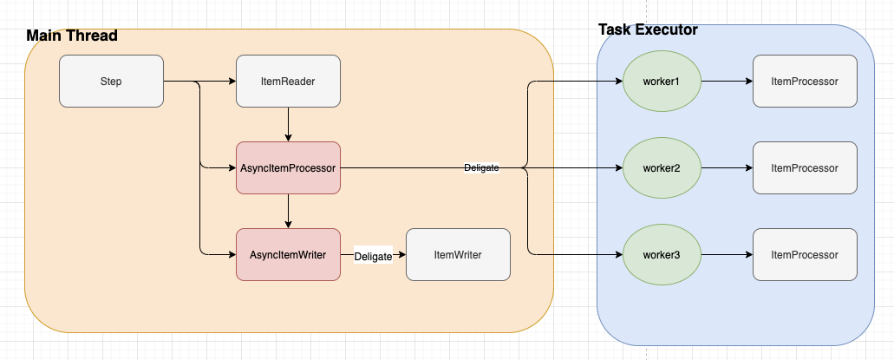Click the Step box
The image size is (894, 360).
click(x=111, y=82)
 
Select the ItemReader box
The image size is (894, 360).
click(x=288, y=82)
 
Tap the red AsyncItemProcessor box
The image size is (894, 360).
click(x=288, y=167)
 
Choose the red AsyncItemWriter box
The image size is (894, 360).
click(x=288, y=254)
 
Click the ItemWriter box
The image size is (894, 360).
click(x=458, y=254)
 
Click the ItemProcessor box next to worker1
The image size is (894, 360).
click(x=805, y=82)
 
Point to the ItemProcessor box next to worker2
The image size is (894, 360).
click(x=805, y=167)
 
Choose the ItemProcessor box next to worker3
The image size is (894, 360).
click(x=805, y=254)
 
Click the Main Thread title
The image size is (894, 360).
click(x=71, y=36)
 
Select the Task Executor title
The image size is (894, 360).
click(x=648, y=29)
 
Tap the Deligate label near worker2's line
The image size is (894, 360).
click(x=481, y=167)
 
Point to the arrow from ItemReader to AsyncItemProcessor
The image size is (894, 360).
click(x=288, y=124)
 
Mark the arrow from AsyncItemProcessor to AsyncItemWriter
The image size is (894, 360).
click(x=288, y=211)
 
